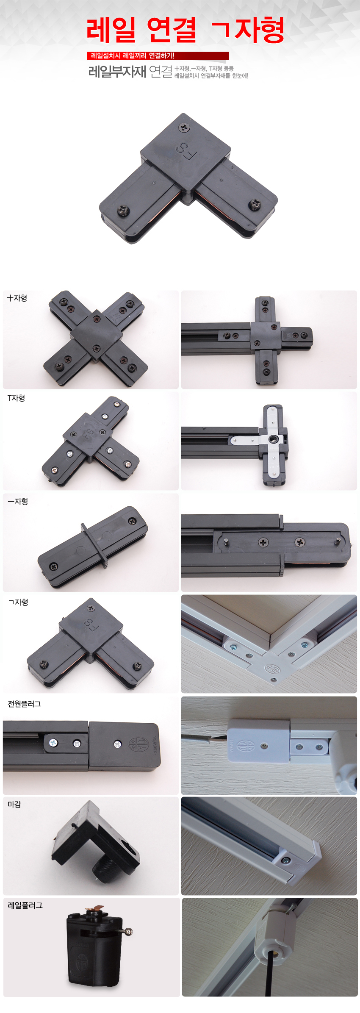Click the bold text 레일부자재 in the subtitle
(117, 72)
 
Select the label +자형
(17, 298)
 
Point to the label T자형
(16, 398)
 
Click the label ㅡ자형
(18, 502)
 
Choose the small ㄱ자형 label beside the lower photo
(18, 602)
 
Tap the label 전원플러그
(24, 704)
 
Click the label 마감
(14, 805)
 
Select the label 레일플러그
(25, 905)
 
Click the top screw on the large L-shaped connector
(184, 127)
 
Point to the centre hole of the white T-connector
(272, 439)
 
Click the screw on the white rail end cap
(286, 860)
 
